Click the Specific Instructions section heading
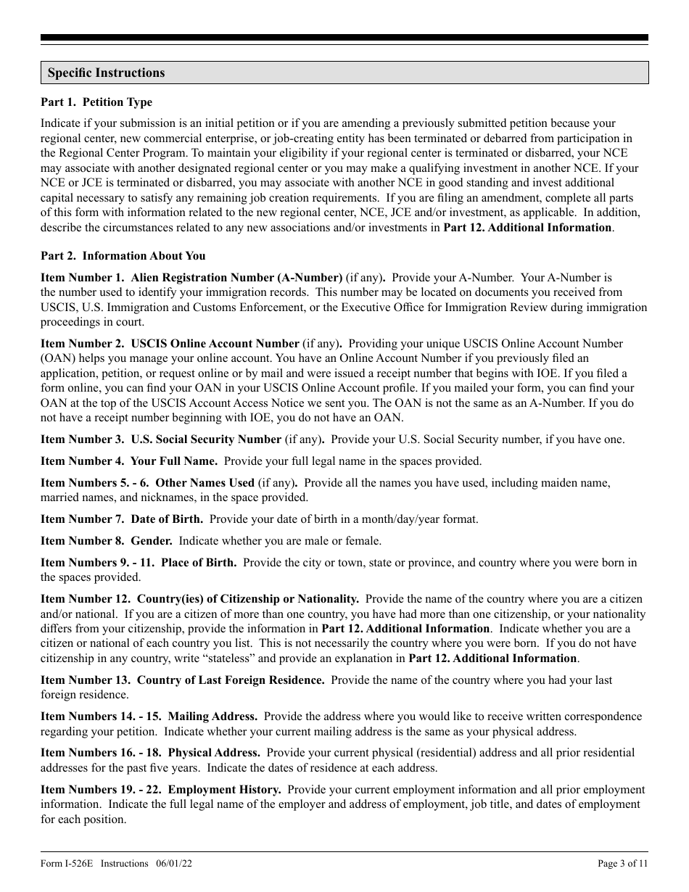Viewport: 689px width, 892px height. (106, 73)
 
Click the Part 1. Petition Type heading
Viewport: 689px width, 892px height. (96, 102)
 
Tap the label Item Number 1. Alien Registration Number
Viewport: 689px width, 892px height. (191, 277)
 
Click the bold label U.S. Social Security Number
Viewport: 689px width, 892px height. (206, 439)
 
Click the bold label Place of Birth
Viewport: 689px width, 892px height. (198, 562)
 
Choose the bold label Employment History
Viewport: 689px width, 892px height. (224, 789)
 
